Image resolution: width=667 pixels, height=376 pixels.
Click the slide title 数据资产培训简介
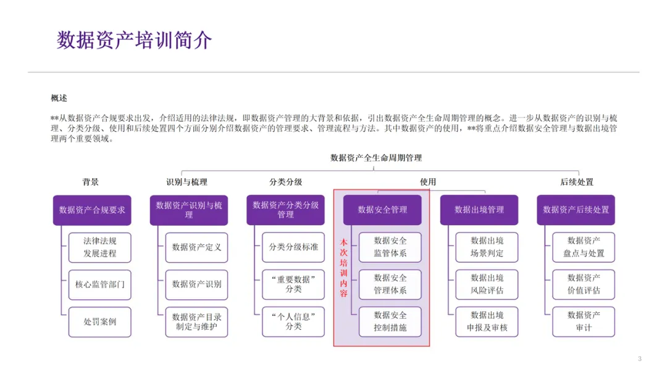135,40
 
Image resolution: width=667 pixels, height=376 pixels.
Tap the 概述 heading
59,98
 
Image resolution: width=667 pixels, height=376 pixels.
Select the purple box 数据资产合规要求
92,210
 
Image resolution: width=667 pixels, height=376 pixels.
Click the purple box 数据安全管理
382,210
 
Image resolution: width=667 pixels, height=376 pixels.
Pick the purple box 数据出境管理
479,210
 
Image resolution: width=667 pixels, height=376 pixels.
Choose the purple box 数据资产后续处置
576,210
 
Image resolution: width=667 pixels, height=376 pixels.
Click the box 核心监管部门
100,284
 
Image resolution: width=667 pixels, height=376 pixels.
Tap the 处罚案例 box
100,322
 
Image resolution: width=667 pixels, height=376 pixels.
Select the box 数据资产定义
196,247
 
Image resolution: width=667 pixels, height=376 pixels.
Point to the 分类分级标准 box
293,247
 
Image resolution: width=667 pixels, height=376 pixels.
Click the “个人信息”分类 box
293,322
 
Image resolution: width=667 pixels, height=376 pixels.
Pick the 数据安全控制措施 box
390,322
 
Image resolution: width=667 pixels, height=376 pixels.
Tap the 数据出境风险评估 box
487,284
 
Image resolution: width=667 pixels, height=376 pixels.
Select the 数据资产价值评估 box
584,284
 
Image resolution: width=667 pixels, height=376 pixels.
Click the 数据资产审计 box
584,322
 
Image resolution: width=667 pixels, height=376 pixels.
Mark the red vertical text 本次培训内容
344,268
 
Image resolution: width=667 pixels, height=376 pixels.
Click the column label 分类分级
285,182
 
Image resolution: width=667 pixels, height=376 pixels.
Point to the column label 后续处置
576,182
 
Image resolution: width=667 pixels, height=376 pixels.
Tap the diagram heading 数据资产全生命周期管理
376,158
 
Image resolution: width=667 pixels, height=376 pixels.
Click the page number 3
639,359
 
